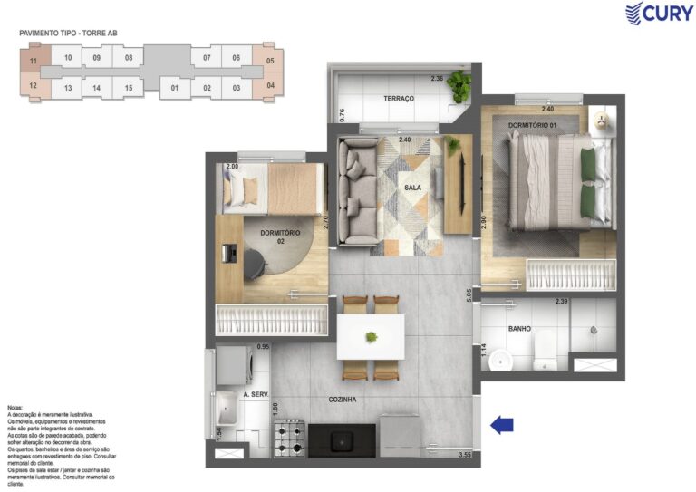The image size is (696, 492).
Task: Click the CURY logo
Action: coord(659,14)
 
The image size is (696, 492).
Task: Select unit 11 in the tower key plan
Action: coord(34,62)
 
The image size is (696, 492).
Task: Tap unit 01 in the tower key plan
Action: coord(174,88)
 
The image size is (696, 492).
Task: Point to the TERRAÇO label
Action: coord(398,98)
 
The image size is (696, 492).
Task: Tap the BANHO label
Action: coord(519,329)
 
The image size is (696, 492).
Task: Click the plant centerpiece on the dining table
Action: coord(371,338)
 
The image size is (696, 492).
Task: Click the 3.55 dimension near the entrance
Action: coord(466,455)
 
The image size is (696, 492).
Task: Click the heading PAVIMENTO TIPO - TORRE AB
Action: coord(68,34)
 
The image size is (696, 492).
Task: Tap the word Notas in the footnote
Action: coord(16,409)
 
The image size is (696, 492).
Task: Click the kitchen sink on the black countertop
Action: coord(342,441)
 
